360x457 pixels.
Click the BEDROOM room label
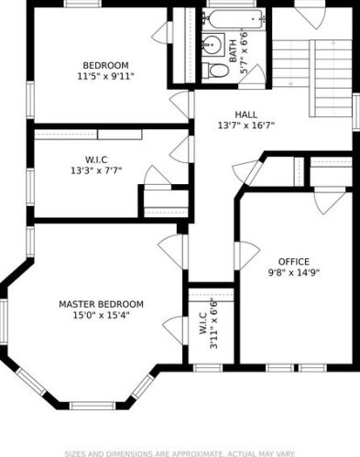click(105, 65)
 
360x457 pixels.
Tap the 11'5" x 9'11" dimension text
click(105, 76)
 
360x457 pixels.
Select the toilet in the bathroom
click(215, 71)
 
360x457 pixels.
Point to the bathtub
click(234, 19)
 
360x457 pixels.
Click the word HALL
click(246, 114)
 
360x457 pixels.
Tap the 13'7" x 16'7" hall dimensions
click(246, 125)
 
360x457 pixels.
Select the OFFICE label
click(294, 262)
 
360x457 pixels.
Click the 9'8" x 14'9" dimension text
click(294, 272)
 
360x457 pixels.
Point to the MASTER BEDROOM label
click(101, 304)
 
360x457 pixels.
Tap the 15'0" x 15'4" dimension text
click(101, 315)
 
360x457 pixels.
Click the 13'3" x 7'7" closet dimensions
click(96, 170)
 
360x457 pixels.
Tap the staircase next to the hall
click(311, 78)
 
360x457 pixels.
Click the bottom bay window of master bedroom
click(93, 406)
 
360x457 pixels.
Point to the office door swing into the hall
click(247, 256)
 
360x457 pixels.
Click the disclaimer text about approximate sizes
click(180, 453)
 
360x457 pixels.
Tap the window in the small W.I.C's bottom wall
click(208, 368)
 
